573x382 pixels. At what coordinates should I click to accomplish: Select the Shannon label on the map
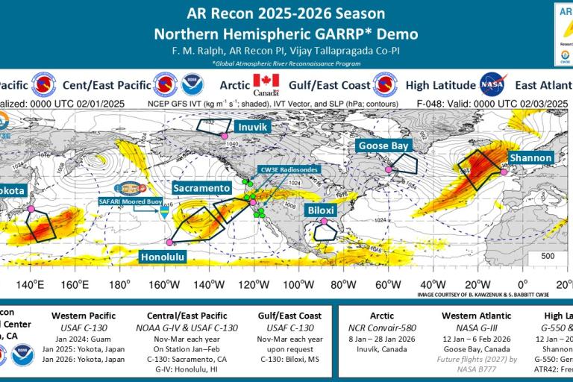pos(531,158)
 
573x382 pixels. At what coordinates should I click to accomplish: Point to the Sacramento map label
pos(203,188)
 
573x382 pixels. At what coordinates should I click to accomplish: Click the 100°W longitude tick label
pos(297,284)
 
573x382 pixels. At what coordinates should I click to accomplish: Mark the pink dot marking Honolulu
pos(170,242)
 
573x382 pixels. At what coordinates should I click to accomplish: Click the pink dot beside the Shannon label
pos(504,172)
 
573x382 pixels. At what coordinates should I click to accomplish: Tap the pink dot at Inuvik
pos(222,135)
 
